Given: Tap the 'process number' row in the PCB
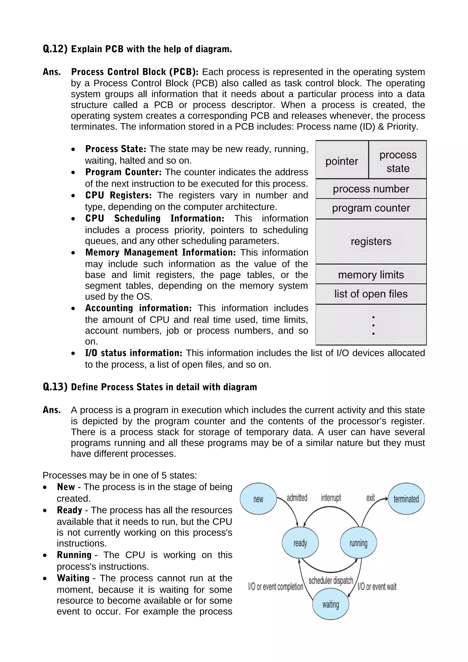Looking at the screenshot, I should (x=371, y=189).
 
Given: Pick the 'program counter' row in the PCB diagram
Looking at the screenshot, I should (x=371, y=208).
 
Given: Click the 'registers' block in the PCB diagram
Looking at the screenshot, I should (x=371, y=241).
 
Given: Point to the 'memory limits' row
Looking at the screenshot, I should (x=371, y=275).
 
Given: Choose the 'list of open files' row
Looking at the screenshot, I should (x=371, y=294).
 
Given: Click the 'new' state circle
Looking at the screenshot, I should (x=258, y=499).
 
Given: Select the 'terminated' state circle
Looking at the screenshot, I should (x=406, y=499).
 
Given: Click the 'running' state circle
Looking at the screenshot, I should (x=358, y=543).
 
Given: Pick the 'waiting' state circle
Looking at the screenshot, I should (x=330, y=604).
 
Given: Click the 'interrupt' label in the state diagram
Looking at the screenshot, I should (x=331, y=498).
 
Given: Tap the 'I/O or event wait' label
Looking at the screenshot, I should (x=377, y=586).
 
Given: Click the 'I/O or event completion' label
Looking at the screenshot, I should (x=275, y=586).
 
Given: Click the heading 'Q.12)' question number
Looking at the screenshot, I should (x=55, y=49).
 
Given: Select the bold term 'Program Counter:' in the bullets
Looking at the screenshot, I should (x=123, y=172).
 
